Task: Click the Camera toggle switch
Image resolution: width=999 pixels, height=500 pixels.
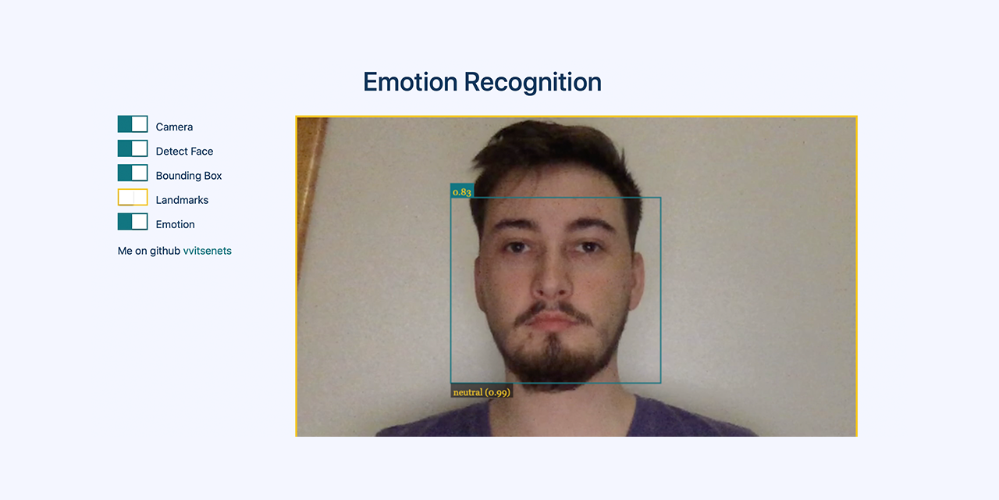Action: [133, 124]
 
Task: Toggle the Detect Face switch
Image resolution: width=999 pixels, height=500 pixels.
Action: [133, 148]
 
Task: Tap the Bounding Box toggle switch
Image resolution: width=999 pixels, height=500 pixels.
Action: [133, 173]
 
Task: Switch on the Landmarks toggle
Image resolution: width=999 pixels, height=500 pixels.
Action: [133, 197]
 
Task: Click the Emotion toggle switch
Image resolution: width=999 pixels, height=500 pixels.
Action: [133, 221]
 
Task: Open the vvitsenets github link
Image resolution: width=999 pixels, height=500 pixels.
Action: [207, 251]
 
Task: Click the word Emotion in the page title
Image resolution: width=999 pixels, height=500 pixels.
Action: [410, 82]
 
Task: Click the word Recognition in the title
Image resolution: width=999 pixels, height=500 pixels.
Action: [533, 82]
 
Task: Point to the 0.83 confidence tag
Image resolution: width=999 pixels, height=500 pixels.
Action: [462, 191]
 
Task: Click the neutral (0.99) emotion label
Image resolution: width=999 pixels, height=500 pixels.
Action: [482, 392]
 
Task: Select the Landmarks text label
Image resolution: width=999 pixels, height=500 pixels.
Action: [182, 200]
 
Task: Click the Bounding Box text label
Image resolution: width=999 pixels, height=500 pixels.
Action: [189, 176]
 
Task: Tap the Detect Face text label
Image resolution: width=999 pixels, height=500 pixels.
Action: [184, 152]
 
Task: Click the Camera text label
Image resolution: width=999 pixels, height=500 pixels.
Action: [174, 127]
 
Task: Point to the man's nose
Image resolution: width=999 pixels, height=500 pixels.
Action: [552, 281]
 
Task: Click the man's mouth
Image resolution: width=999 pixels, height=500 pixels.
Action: [553, 320]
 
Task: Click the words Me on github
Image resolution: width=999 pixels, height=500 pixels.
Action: [148, 251]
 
